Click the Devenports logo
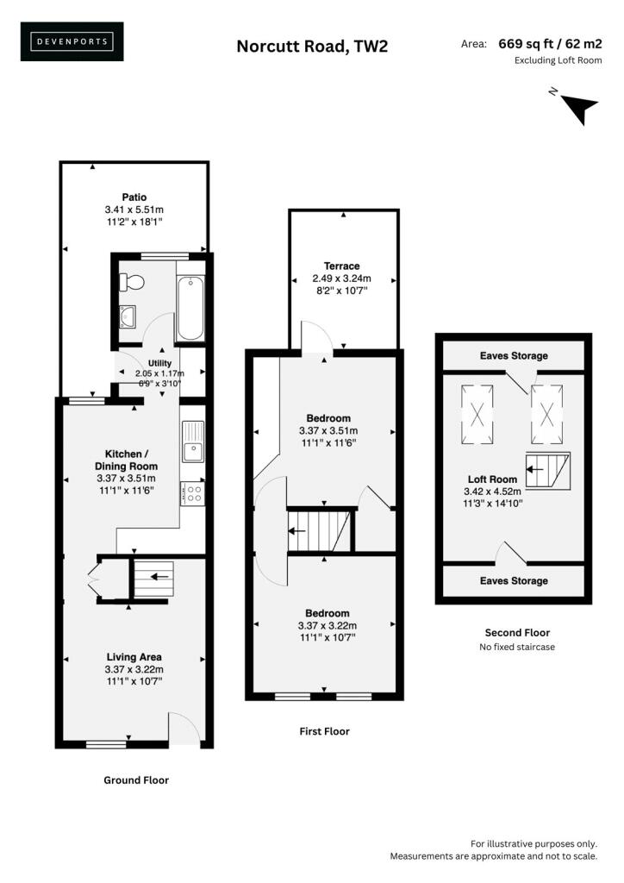72,41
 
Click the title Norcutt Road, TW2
312,46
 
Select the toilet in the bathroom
132,282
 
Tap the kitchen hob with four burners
191,493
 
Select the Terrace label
342,266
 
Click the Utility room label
159,363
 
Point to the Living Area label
134,656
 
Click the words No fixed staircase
517,647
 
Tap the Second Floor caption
517,632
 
